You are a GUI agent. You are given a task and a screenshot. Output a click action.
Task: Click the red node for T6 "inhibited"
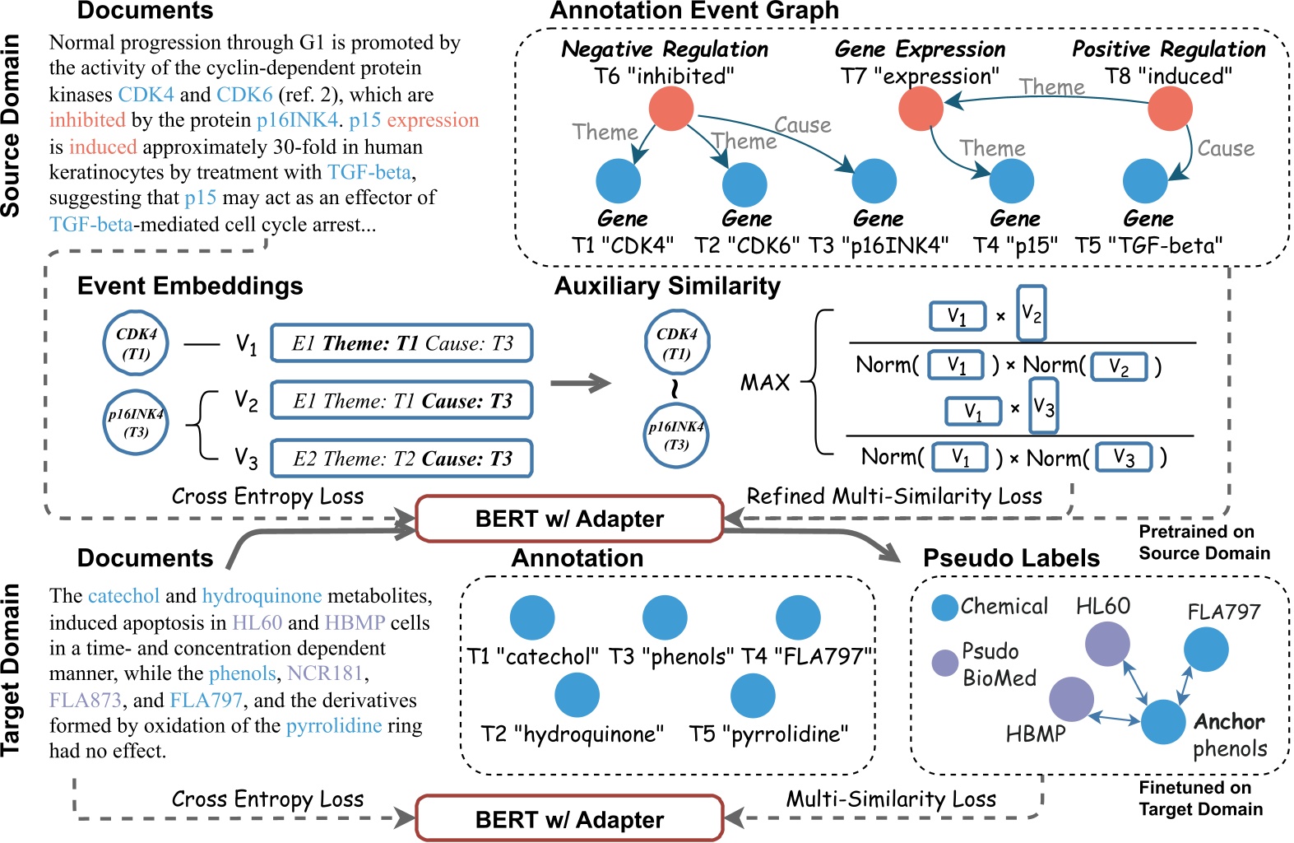(671, 109)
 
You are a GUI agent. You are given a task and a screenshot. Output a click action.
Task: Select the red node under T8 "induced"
(1170, 109)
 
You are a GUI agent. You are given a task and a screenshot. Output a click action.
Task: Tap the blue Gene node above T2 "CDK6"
(744, 184)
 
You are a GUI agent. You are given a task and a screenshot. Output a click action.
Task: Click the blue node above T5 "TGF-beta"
(1145, 181)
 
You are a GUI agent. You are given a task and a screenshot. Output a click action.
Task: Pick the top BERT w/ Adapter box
(569, 519)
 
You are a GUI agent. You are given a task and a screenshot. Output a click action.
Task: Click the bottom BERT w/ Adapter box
(569, 819)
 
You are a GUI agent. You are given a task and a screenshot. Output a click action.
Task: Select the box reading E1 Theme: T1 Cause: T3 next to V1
(401, 343)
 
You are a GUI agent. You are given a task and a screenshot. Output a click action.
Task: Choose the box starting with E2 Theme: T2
(401, 459)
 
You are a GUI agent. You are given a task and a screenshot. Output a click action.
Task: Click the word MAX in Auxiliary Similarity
(764, 383)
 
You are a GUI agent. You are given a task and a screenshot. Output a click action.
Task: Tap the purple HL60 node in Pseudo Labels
(1106, 644)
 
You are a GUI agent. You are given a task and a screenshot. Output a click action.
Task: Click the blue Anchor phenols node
(1163, 721)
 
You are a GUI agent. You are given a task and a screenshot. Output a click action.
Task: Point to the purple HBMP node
(1071, 700)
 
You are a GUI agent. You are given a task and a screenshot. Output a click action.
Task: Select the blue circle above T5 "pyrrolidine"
(753, 696)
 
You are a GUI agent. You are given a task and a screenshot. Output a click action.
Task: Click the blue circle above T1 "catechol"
(532, 617)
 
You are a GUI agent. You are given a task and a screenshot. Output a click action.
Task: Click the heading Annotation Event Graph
(693, 11)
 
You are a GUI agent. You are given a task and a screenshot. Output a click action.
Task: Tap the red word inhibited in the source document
(87, 120)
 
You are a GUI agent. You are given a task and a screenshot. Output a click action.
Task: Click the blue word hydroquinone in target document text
(262, 596)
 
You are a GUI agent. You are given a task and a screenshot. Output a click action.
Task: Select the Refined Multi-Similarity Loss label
(893, 496)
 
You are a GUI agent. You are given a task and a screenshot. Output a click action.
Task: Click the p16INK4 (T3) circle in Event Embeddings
(136, 423)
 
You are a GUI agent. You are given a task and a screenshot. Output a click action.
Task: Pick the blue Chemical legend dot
(945, 608)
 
